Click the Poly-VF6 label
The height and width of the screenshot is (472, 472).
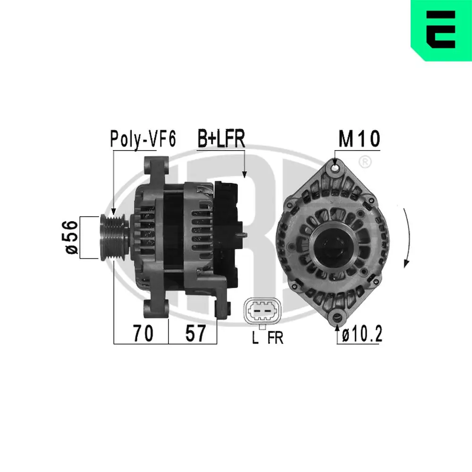[143, 139]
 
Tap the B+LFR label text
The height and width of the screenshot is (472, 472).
[220, 139]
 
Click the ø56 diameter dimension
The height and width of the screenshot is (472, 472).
[71, 237]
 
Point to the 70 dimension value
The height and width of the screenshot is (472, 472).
[142, 334]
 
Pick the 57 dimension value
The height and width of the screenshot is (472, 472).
[195, 334]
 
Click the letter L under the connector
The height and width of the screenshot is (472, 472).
[255, 338]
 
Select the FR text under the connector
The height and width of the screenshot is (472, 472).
[275, 338]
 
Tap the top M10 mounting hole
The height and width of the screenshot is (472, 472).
[335, 167]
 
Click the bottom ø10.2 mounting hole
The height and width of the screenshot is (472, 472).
[337, 317]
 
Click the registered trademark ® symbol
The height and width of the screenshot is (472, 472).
[364, 162]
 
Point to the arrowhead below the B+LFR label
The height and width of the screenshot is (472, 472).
[244, 174]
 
